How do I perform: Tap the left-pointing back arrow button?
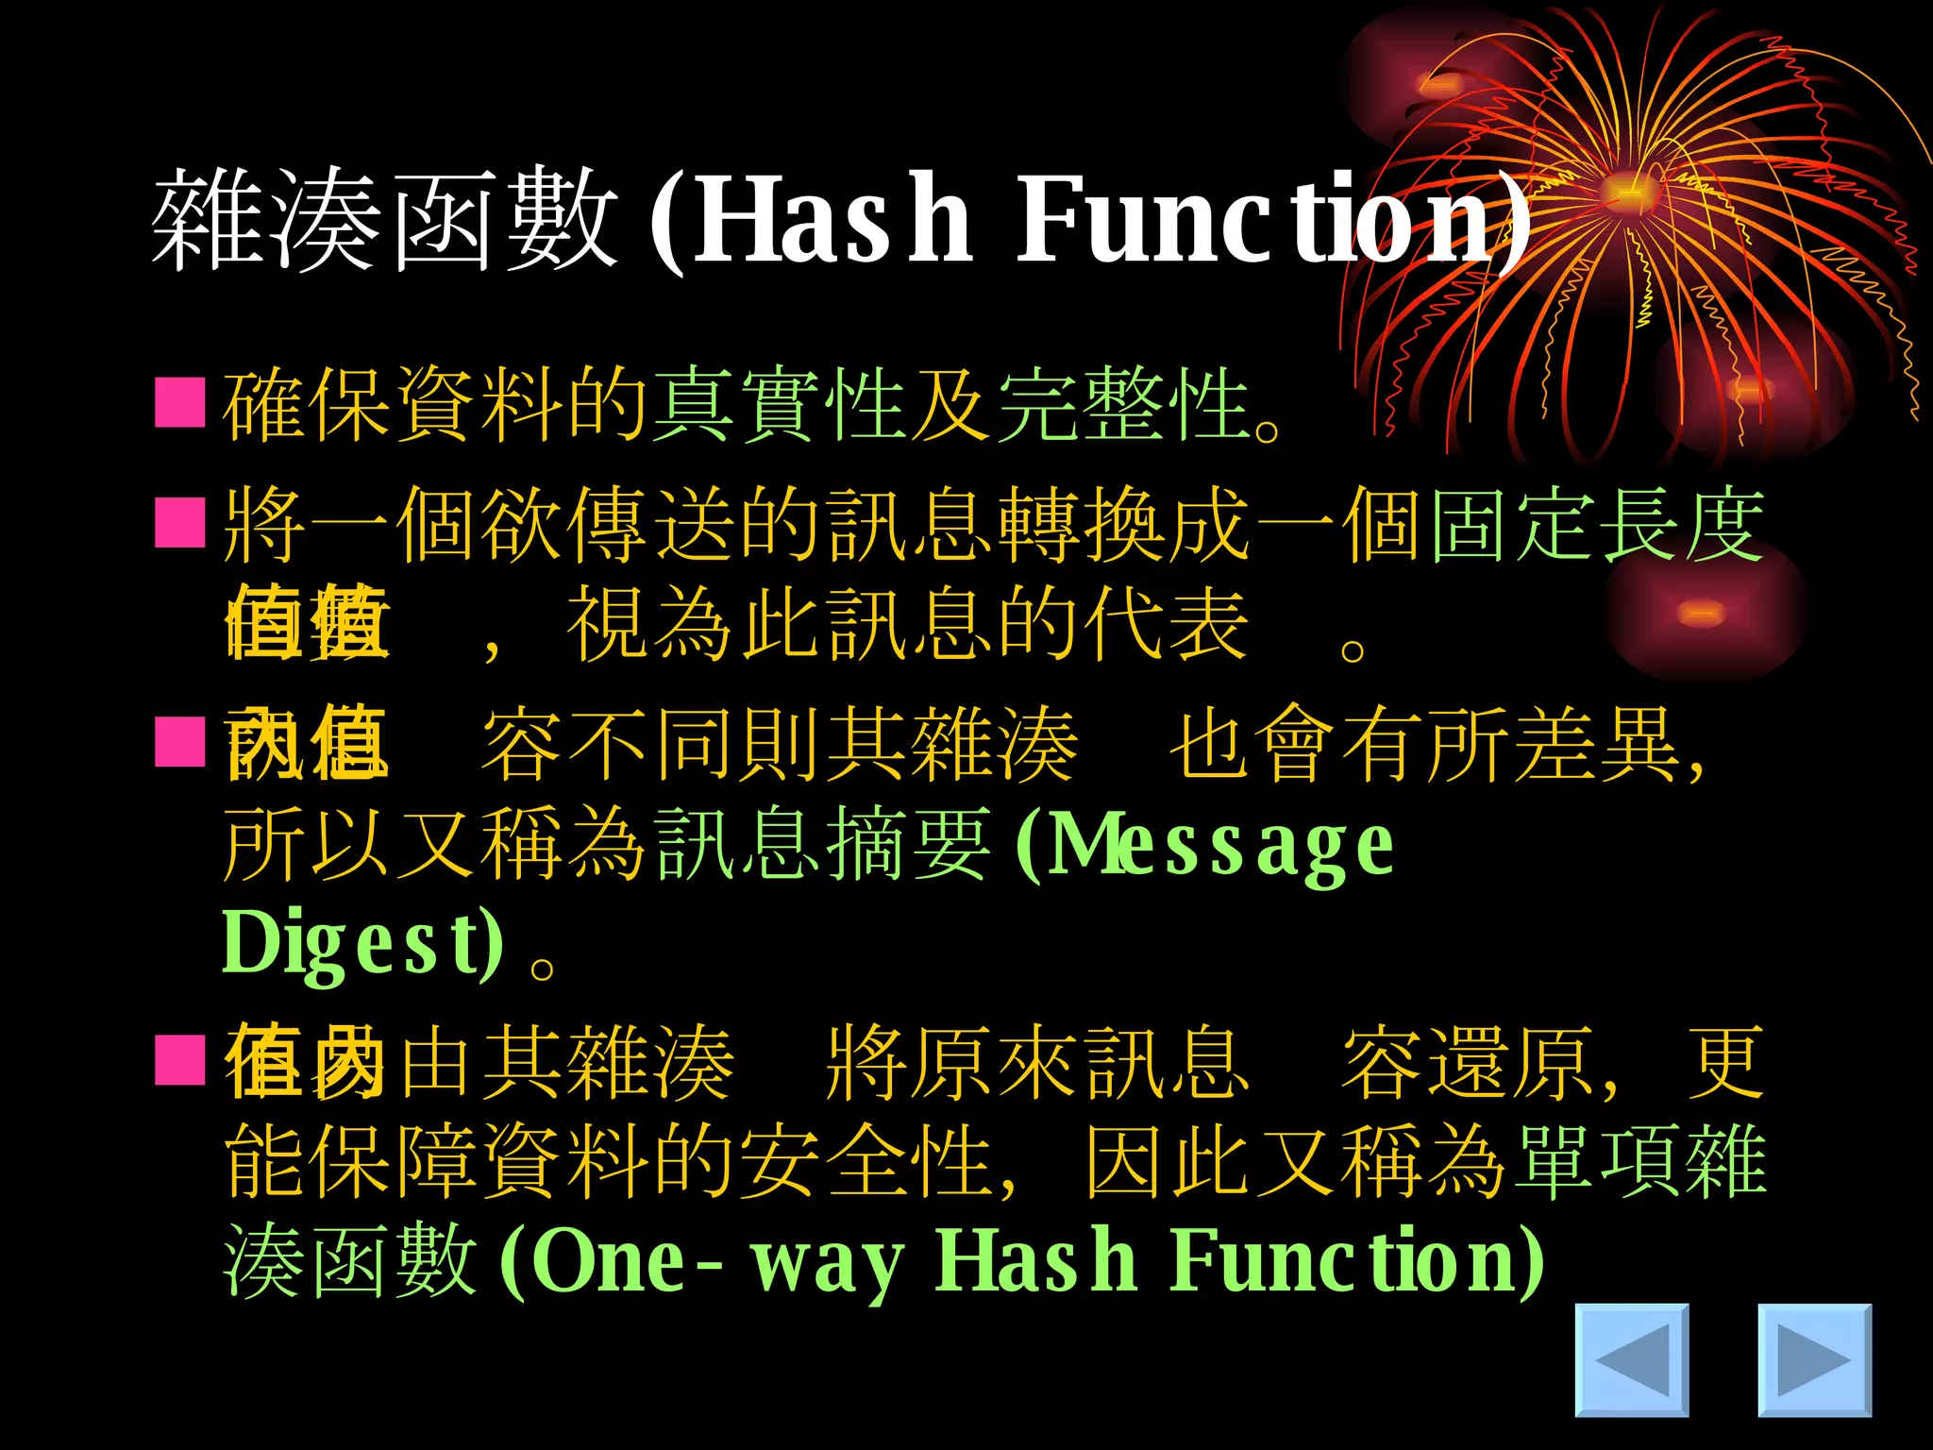click(1632, 1360)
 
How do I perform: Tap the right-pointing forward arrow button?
click(1814, 1360)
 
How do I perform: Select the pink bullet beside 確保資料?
click(180, 403)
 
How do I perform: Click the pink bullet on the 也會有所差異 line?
click(180, 742)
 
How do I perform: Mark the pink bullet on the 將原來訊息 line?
click(180, 1060)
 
